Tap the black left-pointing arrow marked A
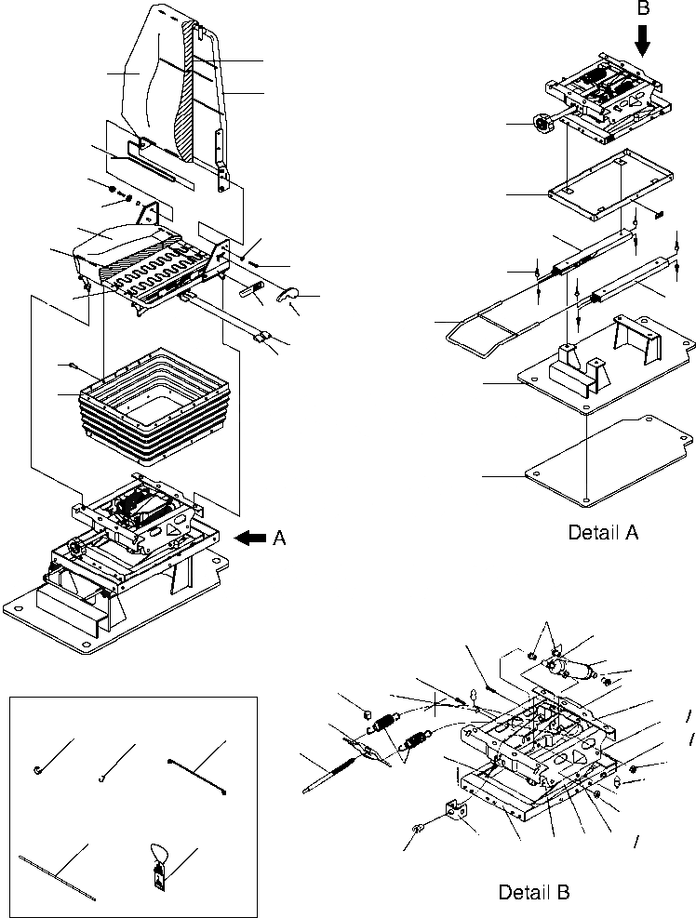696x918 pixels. (x=251, y=537)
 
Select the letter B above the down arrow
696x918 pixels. (x=643, y=8)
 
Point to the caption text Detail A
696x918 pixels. (x=602, y=533)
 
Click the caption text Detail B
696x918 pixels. (x=533, y=892)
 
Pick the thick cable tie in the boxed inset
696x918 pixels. (x=198, y=772)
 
